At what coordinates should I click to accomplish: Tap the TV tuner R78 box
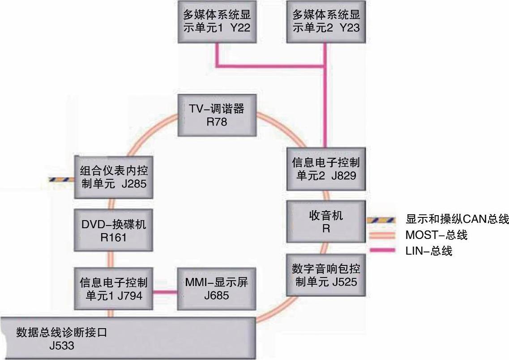click(217, 115)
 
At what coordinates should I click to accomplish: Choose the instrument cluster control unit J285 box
click(113, 177)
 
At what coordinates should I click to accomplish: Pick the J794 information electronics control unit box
click(113, 289)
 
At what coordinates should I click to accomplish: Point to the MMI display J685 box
click(216, 289)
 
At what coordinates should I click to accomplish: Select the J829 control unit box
click(325, 168)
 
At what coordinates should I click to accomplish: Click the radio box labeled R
click(325, 222)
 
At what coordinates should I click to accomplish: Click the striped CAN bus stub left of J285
click(62, 180)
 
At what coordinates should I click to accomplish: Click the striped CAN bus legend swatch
click(381, 220)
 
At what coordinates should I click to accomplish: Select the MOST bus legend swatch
click(381, 234)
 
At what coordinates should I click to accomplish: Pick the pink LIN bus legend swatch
click(381, 250)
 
